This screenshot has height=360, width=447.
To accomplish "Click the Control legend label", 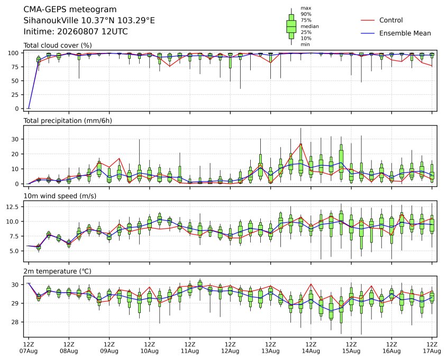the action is click(x=391, y=20).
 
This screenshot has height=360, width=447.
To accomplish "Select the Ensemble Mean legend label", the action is click(x=405, y=33).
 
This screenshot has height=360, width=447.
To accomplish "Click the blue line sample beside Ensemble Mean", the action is click(x=368, y=33).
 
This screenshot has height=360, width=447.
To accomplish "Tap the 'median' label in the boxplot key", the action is click(x=309, y=26).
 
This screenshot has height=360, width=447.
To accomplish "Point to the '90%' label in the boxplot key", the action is click(x=306, y=14).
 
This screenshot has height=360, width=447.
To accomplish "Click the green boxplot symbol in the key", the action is click(x=291, y=26).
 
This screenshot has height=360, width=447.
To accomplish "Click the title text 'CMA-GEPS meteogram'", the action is click(x=70, y=10).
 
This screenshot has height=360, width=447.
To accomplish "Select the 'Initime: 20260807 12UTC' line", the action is click(x=76, y=31).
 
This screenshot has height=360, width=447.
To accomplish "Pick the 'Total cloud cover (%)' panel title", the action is click(x=58, y=46).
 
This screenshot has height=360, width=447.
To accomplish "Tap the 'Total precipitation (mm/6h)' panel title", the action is click(x=68, y=121).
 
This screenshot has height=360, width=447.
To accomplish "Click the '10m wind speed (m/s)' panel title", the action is click(x=60, y=196).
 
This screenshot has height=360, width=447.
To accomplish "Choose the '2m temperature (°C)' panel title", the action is click(x=57, y=271).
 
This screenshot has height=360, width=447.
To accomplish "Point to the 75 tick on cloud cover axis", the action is click(x=16, y=67).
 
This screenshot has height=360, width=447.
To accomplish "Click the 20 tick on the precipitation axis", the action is click(x=16, y=154).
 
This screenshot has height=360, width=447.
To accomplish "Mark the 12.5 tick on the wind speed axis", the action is click(x=13, y=206).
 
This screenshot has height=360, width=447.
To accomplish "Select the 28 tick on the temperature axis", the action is click(x=16, y=322).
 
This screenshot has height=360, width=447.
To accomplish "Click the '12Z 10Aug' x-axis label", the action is click(x=149, y=348).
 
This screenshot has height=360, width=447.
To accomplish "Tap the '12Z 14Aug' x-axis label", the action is click(x=311, y=348).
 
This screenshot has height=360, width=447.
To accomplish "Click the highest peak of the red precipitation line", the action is click(x=301, y=144).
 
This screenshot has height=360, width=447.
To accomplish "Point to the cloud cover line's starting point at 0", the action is click(x=29, y=109).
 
